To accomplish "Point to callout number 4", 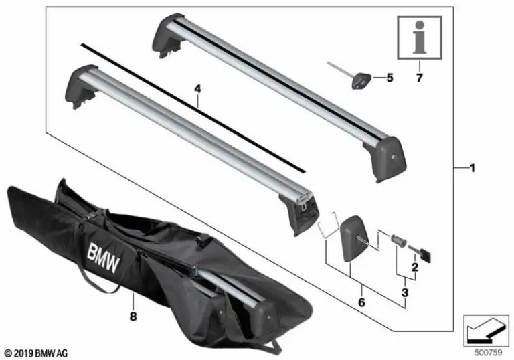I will (x=196, y=88).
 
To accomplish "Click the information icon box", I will (x=420, y=39).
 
